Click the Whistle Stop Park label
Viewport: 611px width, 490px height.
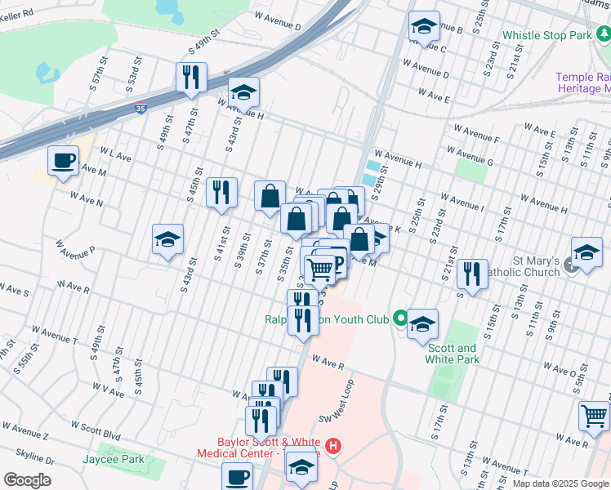point(546,36)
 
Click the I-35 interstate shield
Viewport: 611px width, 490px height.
point(141,107)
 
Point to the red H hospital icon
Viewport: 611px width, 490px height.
point(332,446)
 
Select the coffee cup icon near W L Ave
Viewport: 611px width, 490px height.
point(64,161)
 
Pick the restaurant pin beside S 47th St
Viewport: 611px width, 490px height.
point(191,78)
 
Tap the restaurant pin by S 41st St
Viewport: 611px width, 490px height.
point(221,193)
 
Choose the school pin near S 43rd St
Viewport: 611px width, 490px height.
point(167,239)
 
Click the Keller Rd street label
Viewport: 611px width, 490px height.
point(18,14)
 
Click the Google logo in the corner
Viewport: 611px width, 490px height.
point(28,479)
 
